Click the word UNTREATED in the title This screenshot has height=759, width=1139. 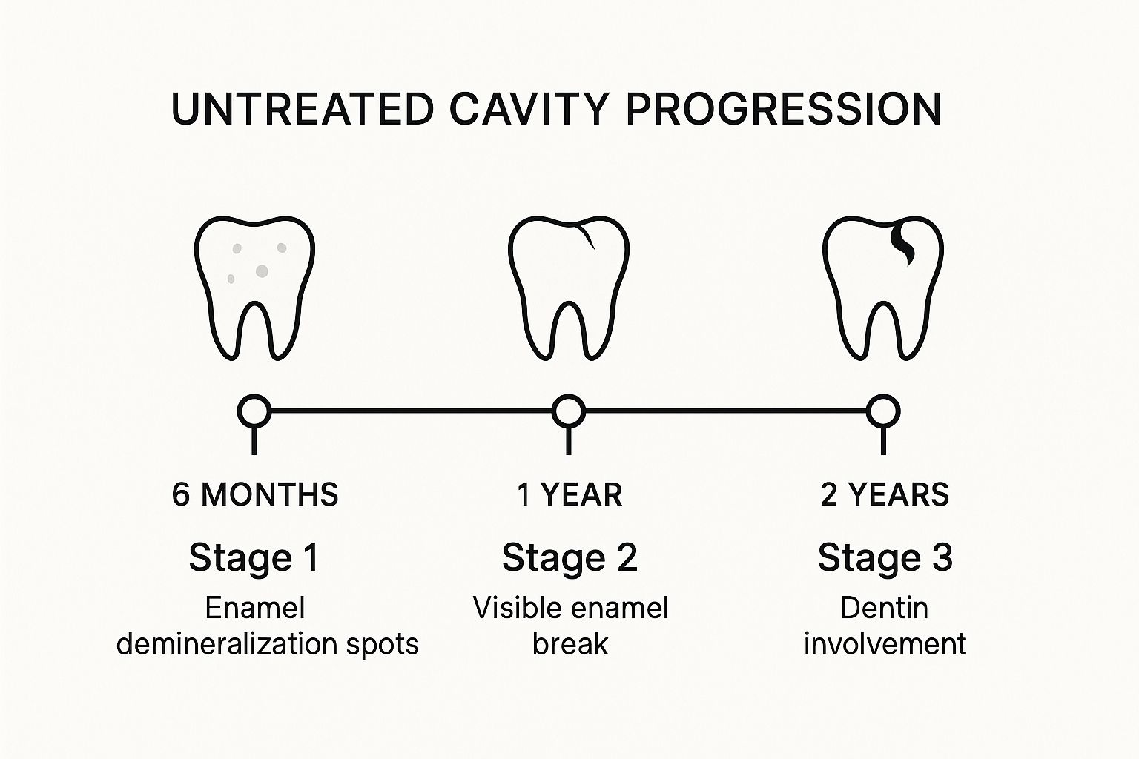coord(303,109)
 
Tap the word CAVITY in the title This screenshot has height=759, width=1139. coord(529,109)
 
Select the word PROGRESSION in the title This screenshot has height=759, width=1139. coord(784,109)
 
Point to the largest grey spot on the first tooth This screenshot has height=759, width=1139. coord(262,271)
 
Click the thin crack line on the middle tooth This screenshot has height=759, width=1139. coord(587,235)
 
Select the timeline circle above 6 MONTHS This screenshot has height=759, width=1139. coord(254,411)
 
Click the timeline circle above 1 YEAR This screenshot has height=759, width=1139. coord(569,411)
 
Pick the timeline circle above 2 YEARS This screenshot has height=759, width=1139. coord(884,411)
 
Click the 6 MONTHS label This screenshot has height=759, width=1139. coord(255,494)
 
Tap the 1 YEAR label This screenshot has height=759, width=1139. coord(569,494)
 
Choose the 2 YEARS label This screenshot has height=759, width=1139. coord(885,494)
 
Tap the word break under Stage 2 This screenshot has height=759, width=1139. coord(570,643)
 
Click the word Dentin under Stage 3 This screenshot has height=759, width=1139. coord(884,608)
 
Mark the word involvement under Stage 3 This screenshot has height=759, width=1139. coord(885,643)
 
